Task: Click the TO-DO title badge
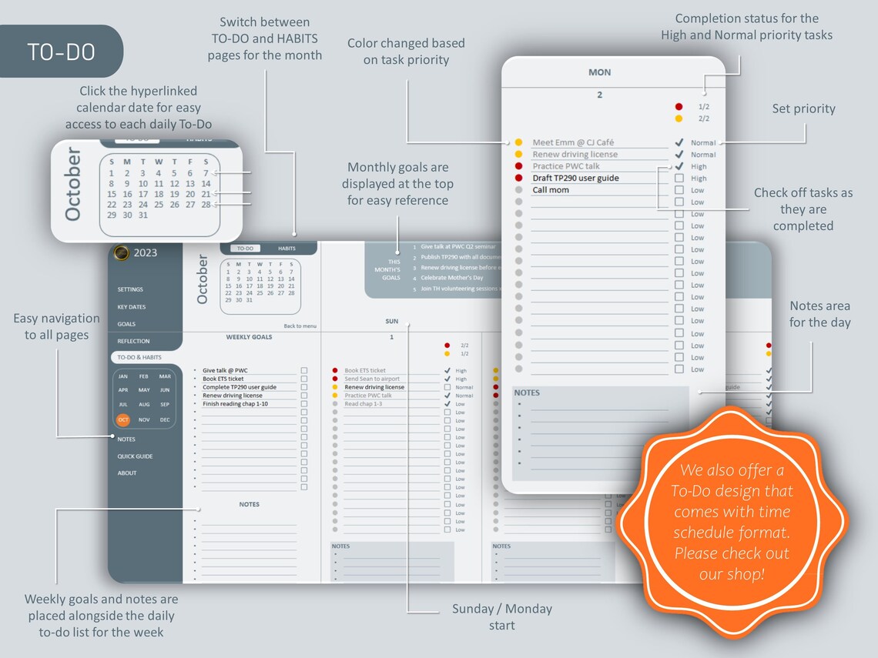point(61,52)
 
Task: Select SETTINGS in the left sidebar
point(130,289)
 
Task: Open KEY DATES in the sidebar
point(132,306)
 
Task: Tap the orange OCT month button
point(123,419)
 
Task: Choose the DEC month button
point(165,419)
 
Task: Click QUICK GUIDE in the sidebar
point(135,456)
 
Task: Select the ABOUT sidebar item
point(127,473)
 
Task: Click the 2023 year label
point(146,252)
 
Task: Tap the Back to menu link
point(300,326)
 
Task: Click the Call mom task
point(551,190)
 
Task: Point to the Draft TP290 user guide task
point(575,178)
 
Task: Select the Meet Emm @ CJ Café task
point(574,142)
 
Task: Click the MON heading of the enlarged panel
point(599,72)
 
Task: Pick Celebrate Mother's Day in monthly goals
point(451,278)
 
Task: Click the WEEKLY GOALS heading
point(249,337)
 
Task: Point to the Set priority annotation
point(803,109)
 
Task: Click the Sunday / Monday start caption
point(501,616)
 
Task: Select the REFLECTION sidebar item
point(133,341)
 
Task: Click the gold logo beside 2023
point(121,253)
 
